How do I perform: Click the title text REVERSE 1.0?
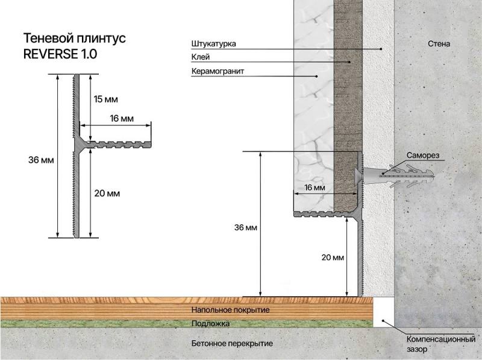[x=60, y=54]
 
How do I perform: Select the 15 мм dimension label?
[x=106, y=99]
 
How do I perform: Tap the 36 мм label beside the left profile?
[x=41, y=160]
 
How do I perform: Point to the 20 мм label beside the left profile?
[x=107, y=193]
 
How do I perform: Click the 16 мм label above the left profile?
[x=122, y=118]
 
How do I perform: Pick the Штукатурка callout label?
[x=214, y=43]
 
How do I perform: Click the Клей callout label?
[x=201, y=57]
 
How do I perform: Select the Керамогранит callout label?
[x=218, y=71]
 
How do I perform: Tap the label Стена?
[x=439, y=43]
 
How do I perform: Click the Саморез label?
[x=423, y=155]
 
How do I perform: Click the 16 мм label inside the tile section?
[x=315, y=188]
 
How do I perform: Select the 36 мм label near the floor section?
[x=246, y=227]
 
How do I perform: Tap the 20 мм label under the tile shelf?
[x=333, y=257]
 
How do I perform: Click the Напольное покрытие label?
[x=231, y=309]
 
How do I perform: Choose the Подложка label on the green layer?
[x=210, y=323]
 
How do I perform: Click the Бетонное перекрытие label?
[x=232, y=343]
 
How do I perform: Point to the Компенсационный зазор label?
[x=441, y=344]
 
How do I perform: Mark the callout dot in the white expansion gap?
[x=383, y=321]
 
